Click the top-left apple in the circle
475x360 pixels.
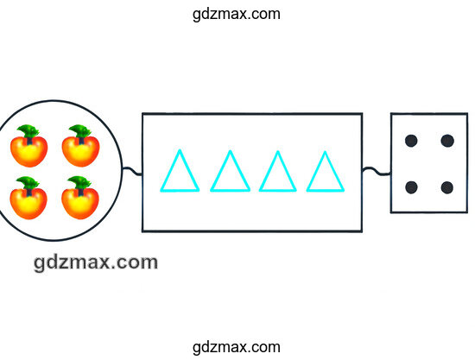[x=29, y=146]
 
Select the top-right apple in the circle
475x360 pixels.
[x=80, y=146]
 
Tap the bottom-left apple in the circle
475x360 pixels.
[x=28, y=198]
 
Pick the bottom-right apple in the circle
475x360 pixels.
[x=80, y=198]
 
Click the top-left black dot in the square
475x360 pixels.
[x=411, y=141]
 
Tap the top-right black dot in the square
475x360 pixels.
[x=447, y=141]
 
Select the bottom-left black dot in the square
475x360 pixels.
[x=411, y=187]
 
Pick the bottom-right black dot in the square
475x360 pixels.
[x=447, y=187]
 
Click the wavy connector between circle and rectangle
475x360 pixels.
[x=132, y=171]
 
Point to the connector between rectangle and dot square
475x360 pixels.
[x=377, y=171]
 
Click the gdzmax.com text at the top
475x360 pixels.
[x=237, y=14]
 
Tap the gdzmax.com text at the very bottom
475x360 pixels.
[x=237, y=347]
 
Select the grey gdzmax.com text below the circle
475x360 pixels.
[x=96, y=262]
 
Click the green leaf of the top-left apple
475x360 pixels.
[x=28, y=131]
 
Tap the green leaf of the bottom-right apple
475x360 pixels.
[x=79, y=183]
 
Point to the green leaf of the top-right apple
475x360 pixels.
[x=80, y=131]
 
